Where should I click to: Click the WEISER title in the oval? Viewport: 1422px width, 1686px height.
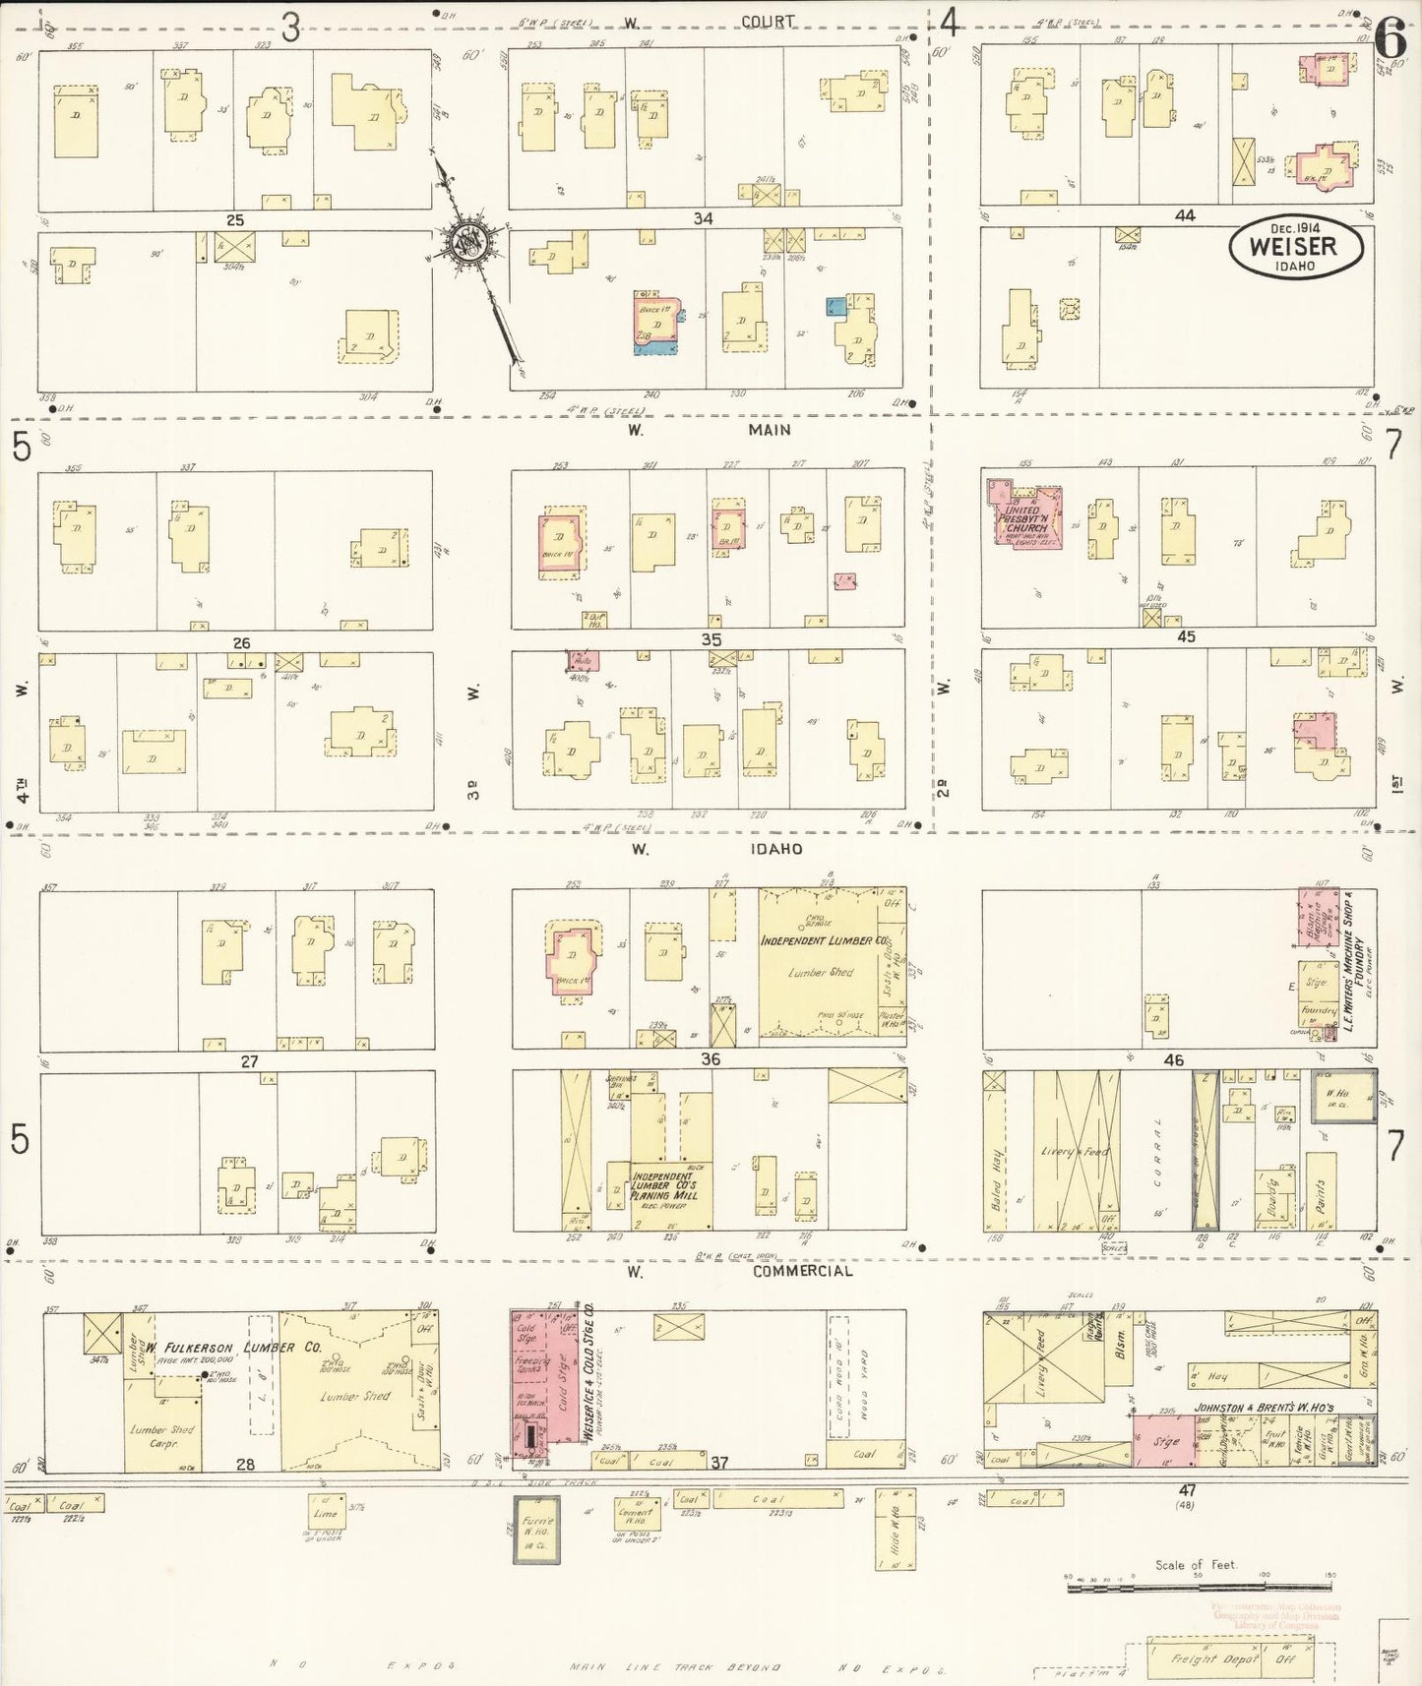1293,247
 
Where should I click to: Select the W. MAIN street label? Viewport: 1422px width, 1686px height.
710,430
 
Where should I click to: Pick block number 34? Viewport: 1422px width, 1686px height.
702,218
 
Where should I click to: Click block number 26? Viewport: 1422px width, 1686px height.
241,643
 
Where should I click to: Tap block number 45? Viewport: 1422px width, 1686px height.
1186,636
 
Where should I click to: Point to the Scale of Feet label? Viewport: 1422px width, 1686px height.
1196,1564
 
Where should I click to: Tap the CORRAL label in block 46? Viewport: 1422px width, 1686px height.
1158,1151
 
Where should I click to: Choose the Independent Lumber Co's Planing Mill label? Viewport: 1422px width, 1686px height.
665,1186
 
